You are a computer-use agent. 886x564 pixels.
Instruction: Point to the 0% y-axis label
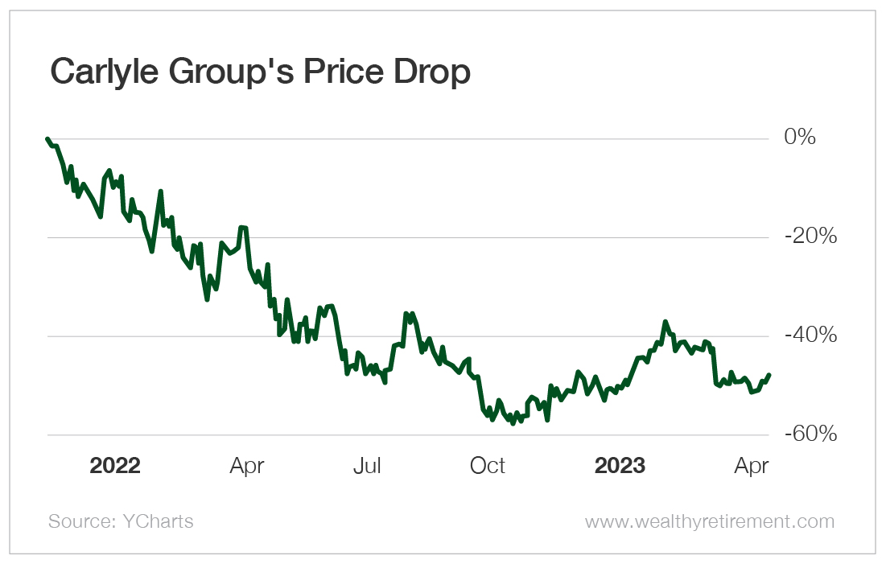[800, 138]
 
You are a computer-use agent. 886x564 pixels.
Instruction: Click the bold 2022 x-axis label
[115, 466]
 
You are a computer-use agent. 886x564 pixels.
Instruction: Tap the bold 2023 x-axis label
[619, 466]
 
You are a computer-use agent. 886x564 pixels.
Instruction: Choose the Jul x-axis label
[367, 466]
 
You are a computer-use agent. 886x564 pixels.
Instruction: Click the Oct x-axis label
[488, 466]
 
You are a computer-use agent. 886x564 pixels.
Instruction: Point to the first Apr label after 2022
[247, 466]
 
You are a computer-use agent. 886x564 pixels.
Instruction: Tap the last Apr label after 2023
[752, 466]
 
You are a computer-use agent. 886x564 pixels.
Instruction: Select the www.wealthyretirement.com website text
[710, 521]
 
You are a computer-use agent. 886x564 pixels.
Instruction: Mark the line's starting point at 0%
[48, 138]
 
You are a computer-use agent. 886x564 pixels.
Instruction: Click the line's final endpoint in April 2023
[769, 375]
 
